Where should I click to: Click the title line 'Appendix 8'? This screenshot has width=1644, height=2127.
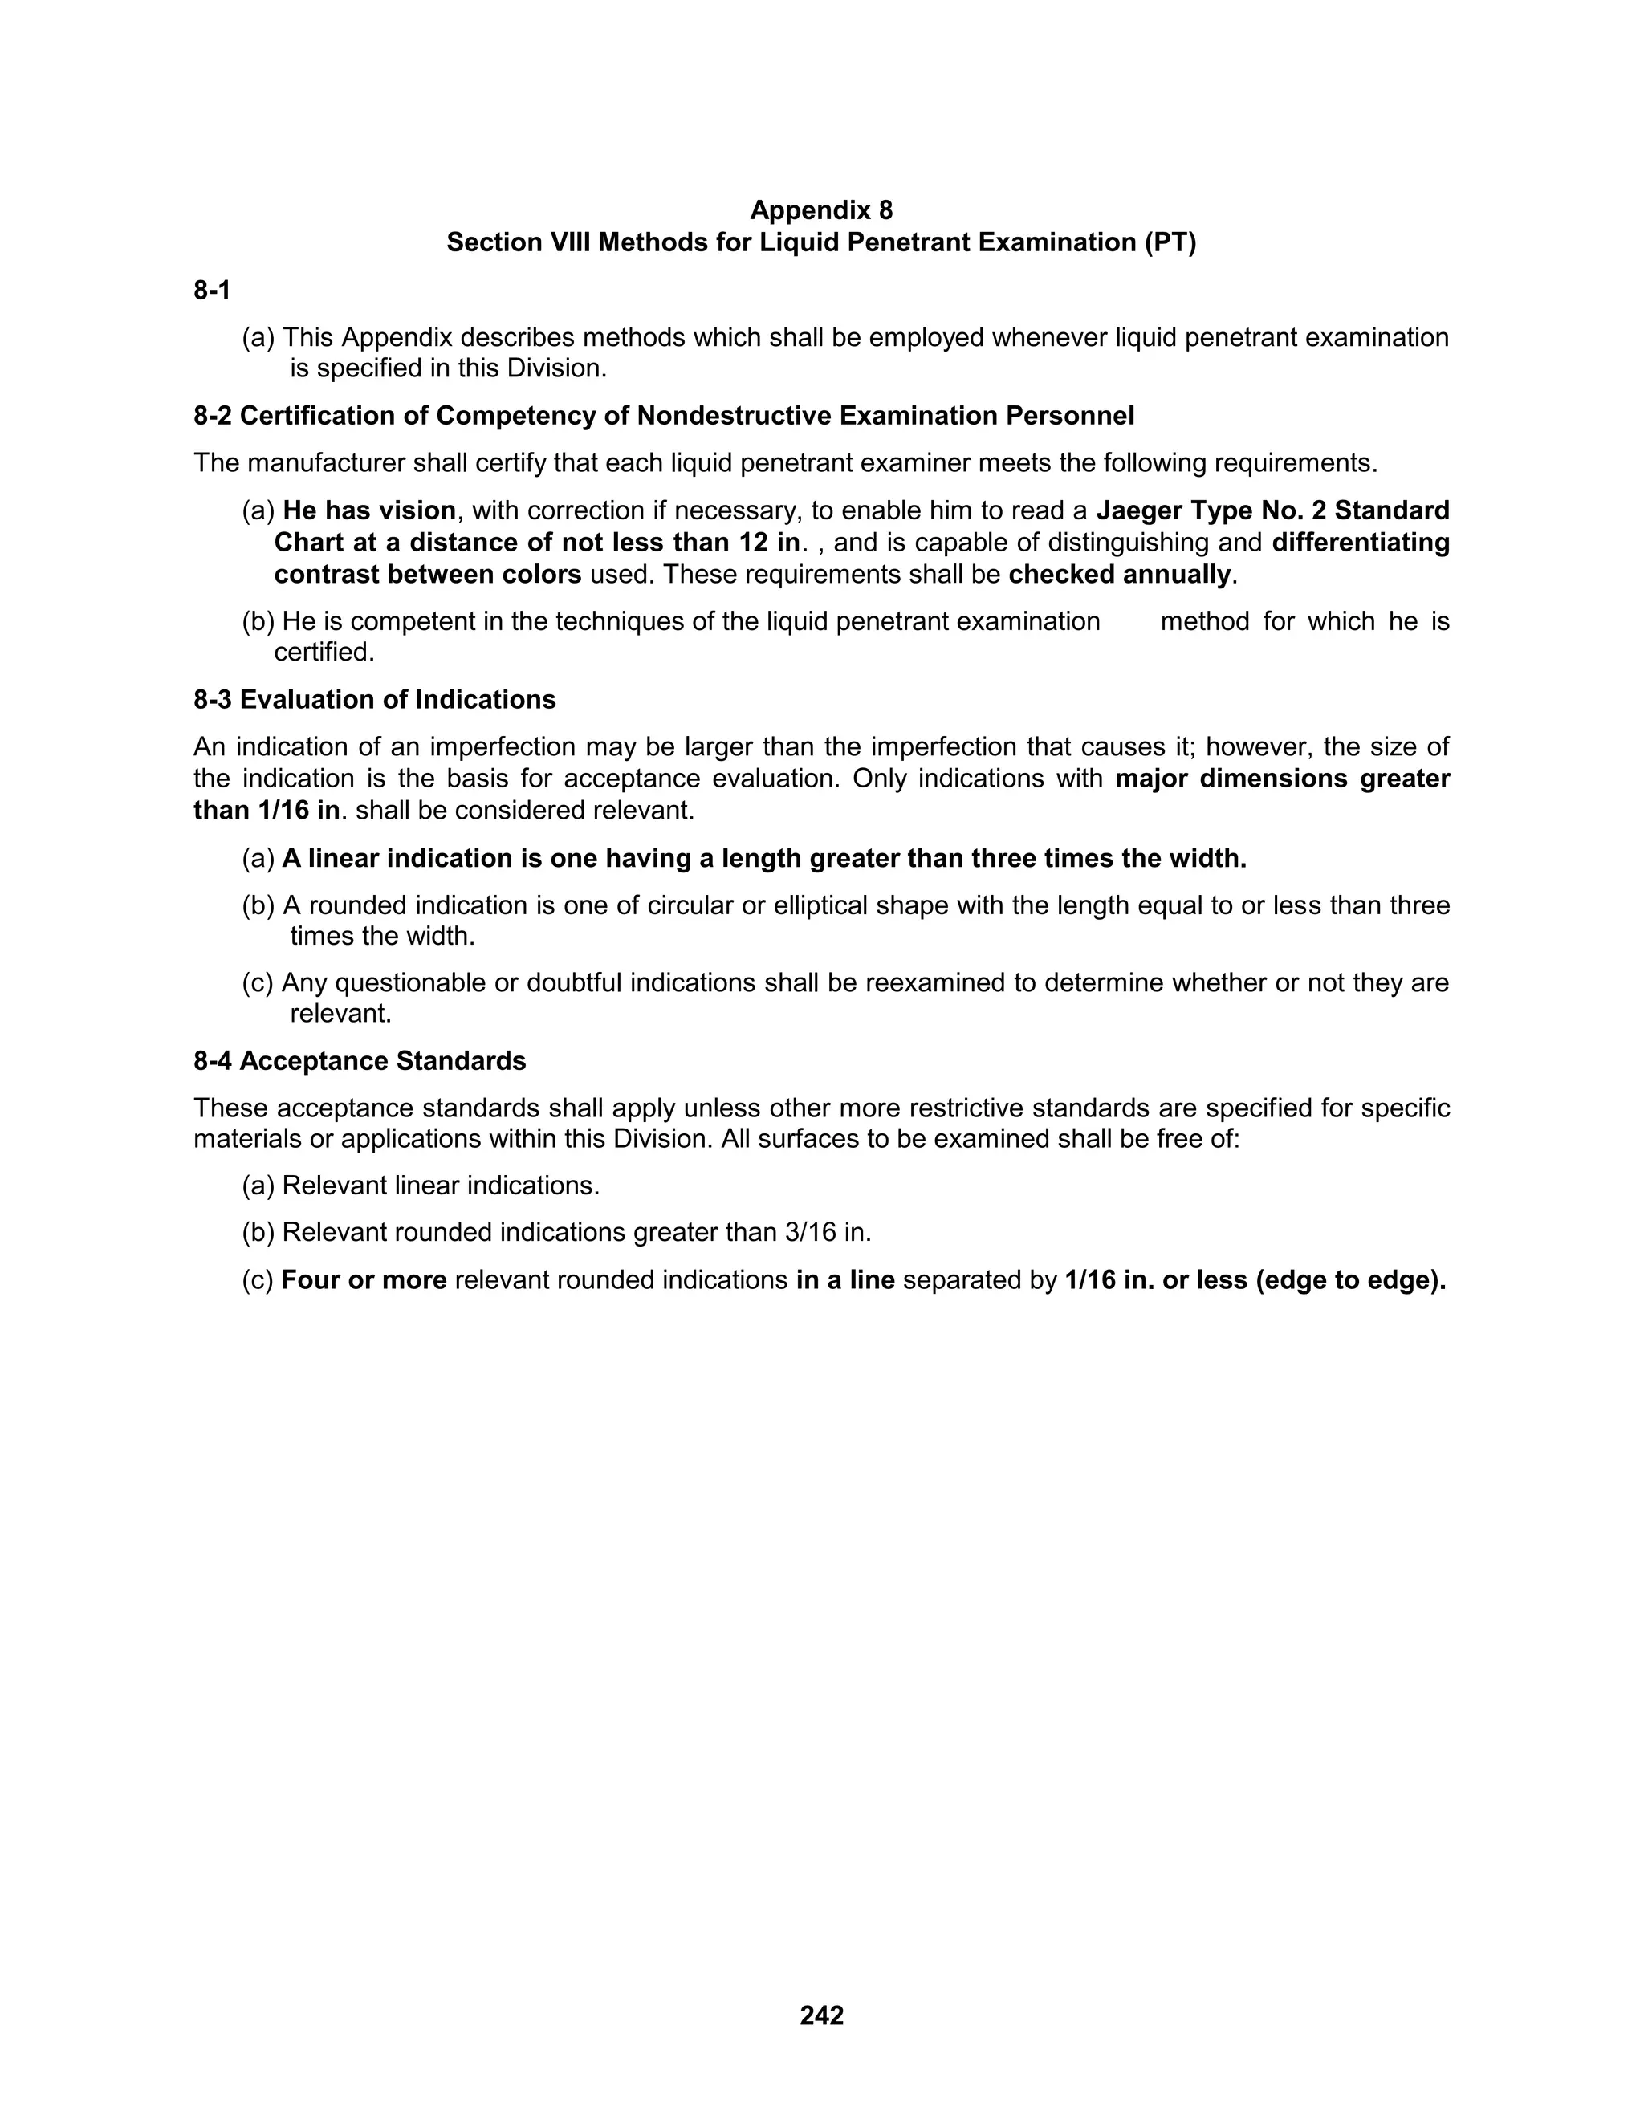(x=821, y=210)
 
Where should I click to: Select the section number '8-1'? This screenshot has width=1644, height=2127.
(x=212, y=291)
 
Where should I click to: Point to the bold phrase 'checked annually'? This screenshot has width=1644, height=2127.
(x=1120, y=575)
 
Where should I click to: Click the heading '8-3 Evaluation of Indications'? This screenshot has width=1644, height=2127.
(x=375, y=700)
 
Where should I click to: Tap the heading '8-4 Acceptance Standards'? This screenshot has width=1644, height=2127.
(x=360, y=1062)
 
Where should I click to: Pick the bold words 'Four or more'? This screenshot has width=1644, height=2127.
(x=364, y=1281)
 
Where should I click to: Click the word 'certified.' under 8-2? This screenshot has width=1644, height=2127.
(x=324, y=653)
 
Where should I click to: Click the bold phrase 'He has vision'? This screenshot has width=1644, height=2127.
(x=369, y=511)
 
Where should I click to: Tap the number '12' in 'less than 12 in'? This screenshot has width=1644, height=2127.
(x=752, y=543)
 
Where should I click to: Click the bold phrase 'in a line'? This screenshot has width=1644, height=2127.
(x=845, y=1281)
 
